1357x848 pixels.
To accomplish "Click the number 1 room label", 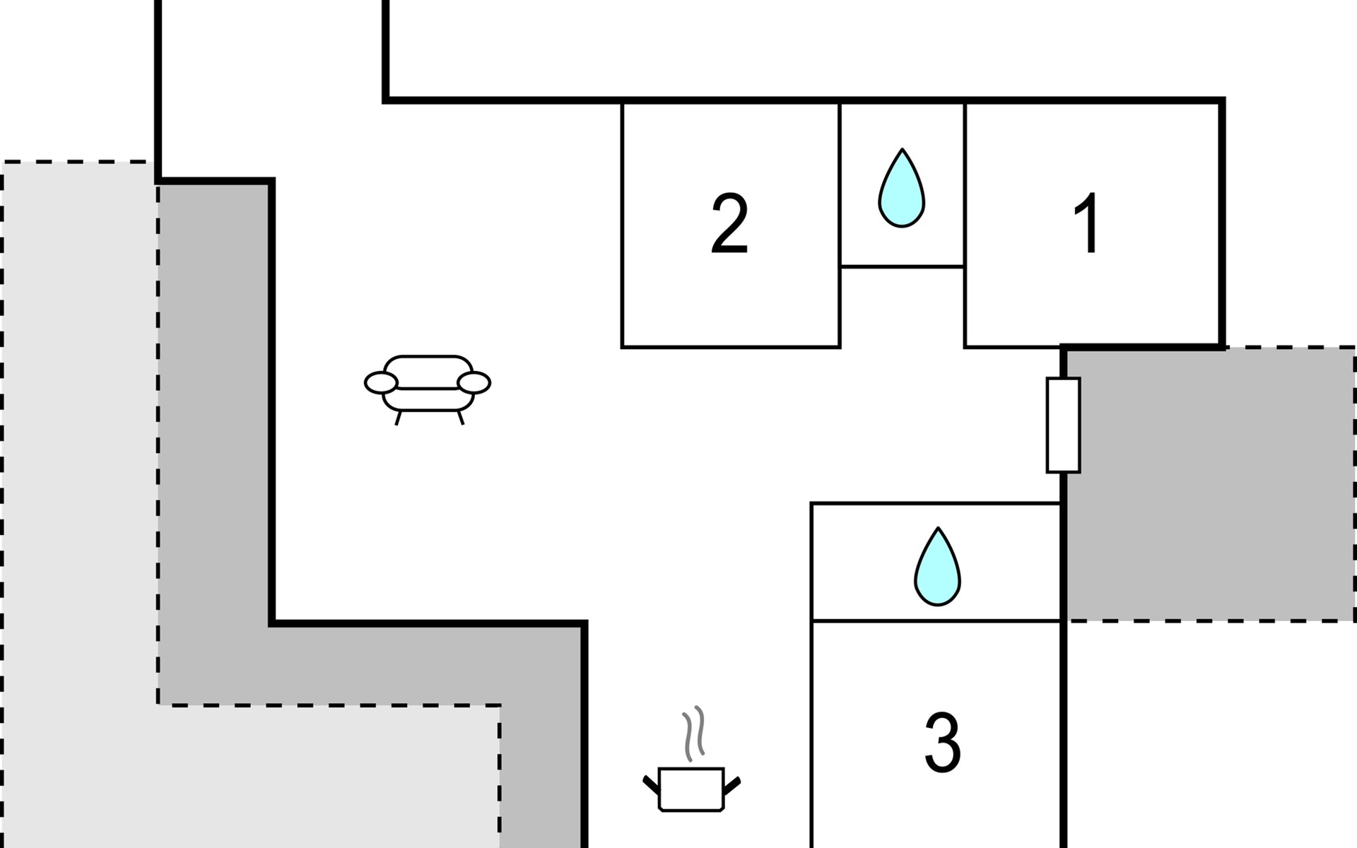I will pos(1087,223).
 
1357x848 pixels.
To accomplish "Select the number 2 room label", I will pos(729,223).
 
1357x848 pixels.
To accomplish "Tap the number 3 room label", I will pos(942,743).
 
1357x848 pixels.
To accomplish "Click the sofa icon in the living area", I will pos(428,385).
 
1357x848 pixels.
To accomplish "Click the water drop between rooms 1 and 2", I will pos(901,189).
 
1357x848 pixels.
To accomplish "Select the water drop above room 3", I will pos(937,568).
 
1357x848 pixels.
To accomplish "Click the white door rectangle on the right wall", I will pos(1063,425).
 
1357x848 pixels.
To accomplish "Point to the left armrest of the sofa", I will pos(380,383).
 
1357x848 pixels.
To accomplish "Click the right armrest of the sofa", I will pos(474,383).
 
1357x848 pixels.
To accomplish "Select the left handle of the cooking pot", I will pos(651,784).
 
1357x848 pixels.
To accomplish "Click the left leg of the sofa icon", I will pos(398,418).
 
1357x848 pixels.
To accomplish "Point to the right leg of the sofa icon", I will pos(461,418).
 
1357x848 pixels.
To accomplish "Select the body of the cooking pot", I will pos(691,789).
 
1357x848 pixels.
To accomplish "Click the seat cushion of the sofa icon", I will pos(428,399).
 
